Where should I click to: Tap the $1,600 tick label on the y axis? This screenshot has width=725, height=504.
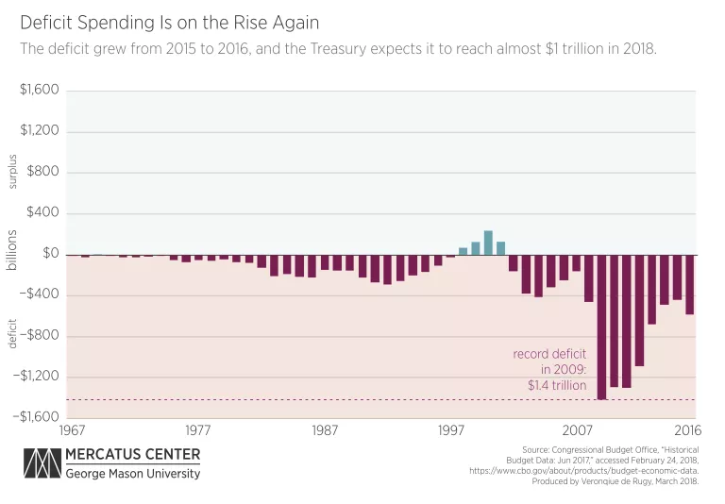40,91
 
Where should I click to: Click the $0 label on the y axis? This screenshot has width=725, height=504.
51,254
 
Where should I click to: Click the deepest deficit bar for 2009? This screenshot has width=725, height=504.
601,327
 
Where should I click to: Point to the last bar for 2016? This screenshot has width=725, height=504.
689,284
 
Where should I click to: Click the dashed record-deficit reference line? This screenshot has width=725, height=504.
283,400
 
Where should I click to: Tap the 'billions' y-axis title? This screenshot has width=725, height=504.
12,249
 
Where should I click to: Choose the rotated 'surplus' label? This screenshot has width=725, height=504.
12,171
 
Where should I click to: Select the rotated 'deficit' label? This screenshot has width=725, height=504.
12,332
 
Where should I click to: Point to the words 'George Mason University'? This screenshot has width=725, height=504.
132,474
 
